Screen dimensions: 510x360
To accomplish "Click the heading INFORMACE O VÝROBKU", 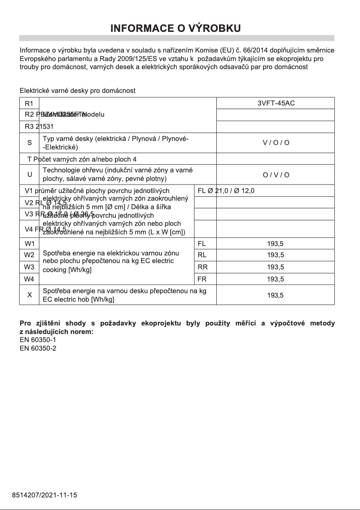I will click(176, 28).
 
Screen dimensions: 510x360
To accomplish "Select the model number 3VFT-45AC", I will click(276, 103).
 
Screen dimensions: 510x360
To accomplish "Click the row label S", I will click(30, 143).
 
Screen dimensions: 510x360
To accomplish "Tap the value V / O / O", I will click(276, 143).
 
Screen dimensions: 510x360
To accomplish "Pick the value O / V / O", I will click(276, 175).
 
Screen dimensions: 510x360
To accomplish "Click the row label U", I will click(30, 175).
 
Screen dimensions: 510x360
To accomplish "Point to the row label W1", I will click(30, 244).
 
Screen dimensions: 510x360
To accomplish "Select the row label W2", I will click(30, 255).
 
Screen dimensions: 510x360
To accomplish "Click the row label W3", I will click(30, 267).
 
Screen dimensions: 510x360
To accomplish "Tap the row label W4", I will click(30, 279).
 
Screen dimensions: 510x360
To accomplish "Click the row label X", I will click(30, 295).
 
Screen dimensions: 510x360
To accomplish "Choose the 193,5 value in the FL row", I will click(276, 244).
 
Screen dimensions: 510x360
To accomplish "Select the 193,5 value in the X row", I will click(276, 295).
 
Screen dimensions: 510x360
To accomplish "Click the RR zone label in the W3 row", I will click(202, 267).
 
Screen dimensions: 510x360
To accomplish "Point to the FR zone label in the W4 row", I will click(202, 279).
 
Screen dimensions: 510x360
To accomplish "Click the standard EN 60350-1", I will click(38, 340).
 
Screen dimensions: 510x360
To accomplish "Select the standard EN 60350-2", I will click(38, 348).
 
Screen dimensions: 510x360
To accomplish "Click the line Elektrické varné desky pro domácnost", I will click(78, 91).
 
